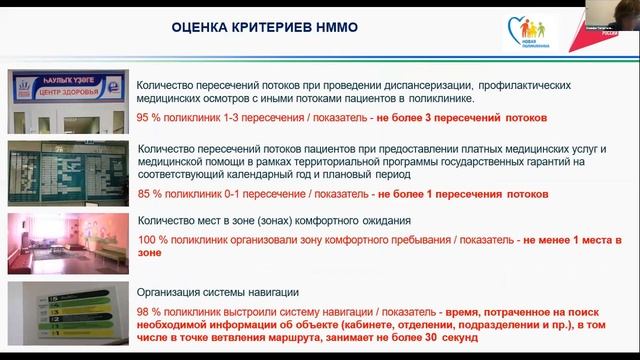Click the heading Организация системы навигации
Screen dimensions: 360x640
pyautogui.click(x=219, y=292)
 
